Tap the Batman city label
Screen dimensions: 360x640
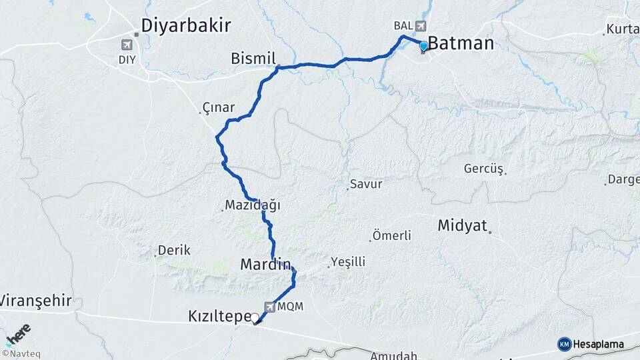point(461,44)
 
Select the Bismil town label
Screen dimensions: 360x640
point(253,58)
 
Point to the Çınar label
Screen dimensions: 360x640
point(219,107)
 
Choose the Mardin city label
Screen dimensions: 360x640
point(265,265)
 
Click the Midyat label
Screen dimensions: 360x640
point(463,225)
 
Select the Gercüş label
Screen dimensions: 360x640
point(483,169)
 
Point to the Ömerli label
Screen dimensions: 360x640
point(392,235)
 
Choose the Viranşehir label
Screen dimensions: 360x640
point(35,301)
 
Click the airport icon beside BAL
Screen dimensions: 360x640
point(420,26)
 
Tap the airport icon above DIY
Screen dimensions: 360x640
point(126,44)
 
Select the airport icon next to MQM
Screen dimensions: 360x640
point(270,307)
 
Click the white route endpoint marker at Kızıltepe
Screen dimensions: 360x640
point(255,318)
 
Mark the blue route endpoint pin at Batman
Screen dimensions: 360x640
point(423,46)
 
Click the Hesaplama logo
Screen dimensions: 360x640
point(591,344)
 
